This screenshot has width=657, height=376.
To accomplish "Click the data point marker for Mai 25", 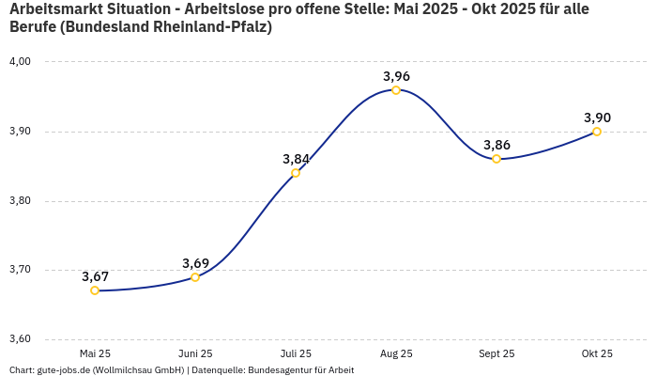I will pos(95,290).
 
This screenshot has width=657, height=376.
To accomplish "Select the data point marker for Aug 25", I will pos(396,90).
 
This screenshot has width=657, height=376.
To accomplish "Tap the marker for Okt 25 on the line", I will pos(597,132).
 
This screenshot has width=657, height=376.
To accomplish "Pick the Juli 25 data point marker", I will pos(296,173).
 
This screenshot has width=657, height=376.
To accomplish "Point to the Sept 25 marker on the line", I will pos(497,159).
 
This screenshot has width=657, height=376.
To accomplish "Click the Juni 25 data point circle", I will pos(195,277).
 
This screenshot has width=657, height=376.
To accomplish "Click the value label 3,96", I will pos(396,76).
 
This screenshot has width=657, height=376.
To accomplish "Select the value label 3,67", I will pos(95,276).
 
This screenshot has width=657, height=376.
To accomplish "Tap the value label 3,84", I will pos(296,159).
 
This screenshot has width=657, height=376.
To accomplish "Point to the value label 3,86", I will pos(497,145).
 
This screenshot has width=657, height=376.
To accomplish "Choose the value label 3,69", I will pos(195,263).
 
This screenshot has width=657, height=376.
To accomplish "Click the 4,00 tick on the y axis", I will pos(20,62).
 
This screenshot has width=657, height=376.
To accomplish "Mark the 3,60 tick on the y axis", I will pos(20,339).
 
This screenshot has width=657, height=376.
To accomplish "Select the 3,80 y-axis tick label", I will pos(20,201).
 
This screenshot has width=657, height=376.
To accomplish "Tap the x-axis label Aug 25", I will pos(396,353).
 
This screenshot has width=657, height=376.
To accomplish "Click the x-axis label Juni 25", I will pos(195,353).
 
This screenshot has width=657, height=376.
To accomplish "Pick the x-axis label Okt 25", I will pos(597,353).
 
